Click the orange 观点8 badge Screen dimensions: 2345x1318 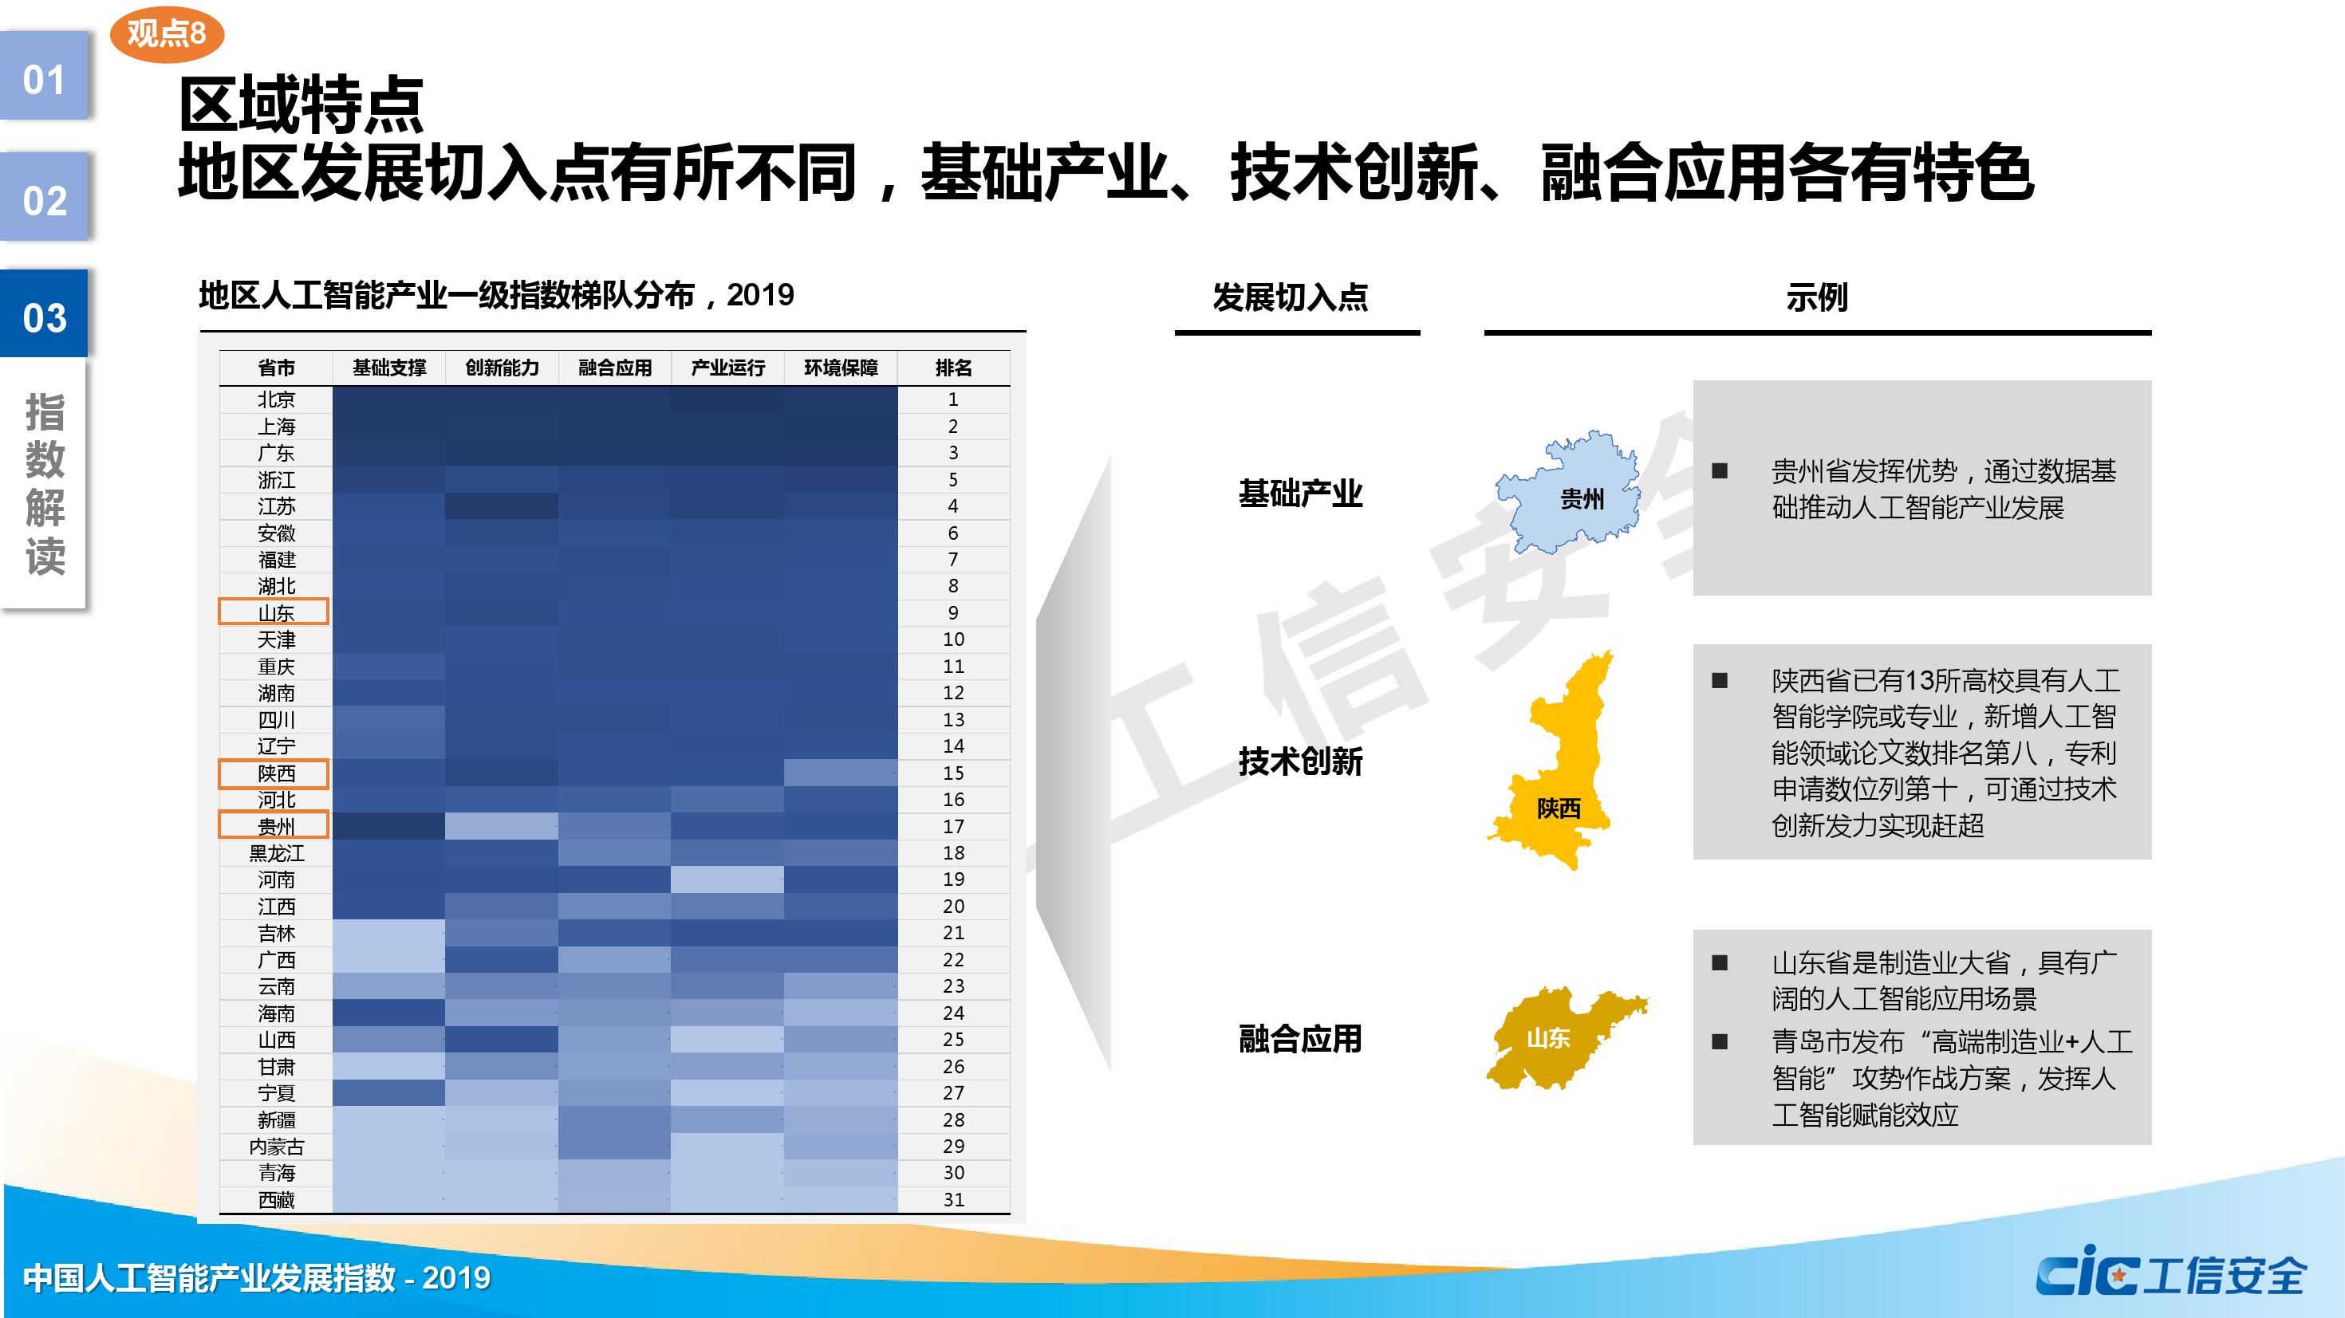(167, 34)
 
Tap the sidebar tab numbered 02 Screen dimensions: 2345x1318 (44, 198)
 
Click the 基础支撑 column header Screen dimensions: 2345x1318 (388, 368)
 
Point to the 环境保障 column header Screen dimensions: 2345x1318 (840, 368)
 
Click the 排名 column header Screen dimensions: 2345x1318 (953, 368)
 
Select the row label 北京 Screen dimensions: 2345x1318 (276, 399)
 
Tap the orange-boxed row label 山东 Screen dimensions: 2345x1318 (274, 612)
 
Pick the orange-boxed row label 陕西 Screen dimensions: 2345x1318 (274, 773)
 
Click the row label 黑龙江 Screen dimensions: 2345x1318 (276, 853)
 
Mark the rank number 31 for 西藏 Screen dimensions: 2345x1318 (953, 1200)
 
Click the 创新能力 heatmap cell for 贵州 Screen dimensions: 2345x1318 (502, 825)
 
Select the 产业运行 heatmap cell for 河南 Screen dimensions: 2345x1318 (727, 879)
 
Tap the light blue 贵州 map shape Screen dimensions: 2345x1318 (1567, 493)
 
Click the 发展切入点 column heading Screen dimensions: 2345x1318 (1290, 297)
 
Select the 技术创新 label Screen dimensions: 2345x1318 (1300, 761)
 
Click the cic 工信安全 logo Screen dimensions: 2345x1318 (2171, 1274)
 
